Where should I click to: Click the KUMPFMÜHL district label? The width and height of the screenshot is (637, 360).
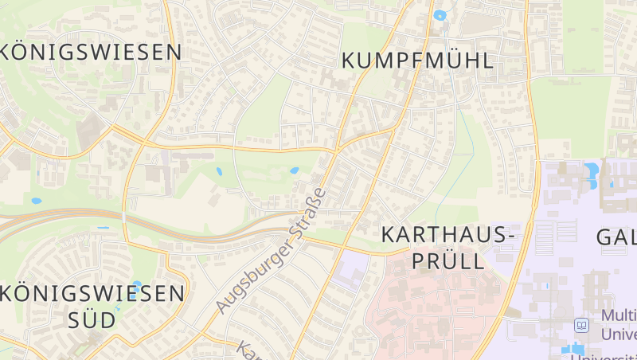pyautogui.click(x=417, y=60)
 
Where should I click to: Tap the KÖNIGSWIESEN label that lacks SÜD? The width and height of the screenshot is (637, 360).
pyautogui.click(x=92, y=53)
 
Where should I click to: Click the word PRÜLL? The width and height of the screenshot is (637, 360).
pyautogui.click(x=447, y=260)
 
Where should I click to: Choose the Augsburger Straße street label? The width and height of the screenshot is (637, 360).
pyautogui.click(x=271, y=251)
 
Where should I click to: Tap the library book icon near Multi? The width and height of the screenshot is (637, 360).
pyautogui.click(x=582, y=326)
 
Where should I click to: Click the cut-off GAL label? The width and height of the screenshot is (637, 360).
pyautogui.click(x=616, y=237)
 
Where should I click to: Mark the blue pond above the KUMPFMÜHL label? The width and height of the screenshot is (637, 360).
pyautogui.click(x=440, y=15)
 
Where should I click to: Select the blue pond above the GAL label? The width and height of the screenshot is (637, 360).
pyautogui.click(x=591, y=170)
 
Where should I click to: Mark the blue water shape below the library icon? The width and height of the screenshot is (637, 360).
pyautogui.click(x=575, y=348)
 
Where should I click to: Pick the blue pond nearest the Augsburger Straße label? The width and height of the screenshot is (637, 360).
pyautogui.click(x=295, y=170)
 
